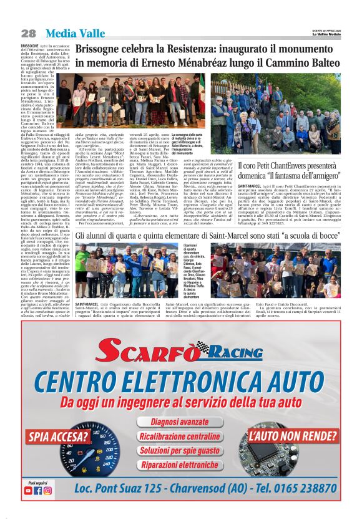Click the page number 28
coord(29,32)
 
